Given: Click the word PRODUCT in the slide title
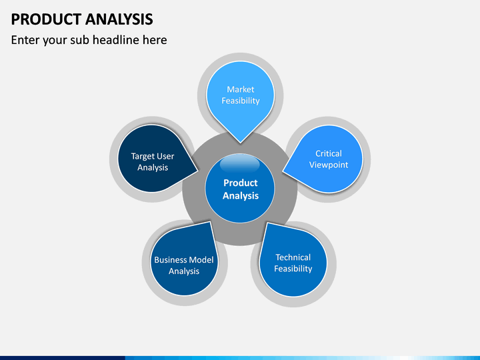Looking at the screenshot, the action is [x=46, y=19].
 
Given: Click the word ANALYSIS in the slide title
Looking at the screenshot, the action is [x=119, y=19].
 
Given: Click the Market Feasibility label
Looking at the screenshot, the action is [x=241, y=95].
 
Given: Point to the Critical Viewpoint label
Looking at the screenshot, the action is [x=329, y=159].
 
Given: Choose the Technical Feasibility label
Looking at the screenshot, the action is [x=293, y=263].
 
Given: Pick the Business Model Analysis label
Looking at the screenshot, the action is [x=184, y=265].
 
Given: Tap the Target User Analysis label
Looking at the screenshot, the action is [x=153, y=162].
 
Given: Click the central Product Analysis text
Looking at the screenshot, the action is [x=241, y=189].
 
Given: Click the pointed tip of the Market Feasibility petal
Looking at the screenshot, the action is [x=241, y=143].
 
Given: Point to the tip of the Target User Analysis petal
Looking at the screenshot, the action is [x=198, y=171].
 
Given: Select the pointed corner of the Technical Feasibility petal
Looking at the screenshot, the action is [x=267, y=223].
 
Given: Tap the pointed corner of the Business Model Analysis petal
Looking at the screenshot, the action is [x=210, y=222].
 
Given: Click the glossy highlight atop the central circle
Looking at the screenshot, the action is [x=240, y=164].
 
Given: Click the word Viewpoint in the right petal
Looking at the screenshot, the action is [x=329, y=165].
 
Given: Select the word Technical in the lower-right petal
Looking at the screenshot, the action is [x=293, y=257].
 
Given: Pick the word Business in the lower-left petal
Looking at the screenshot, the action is [x=169, y=260].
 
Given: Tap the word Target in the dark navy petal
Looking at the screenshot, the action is [x=143, y=157].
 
